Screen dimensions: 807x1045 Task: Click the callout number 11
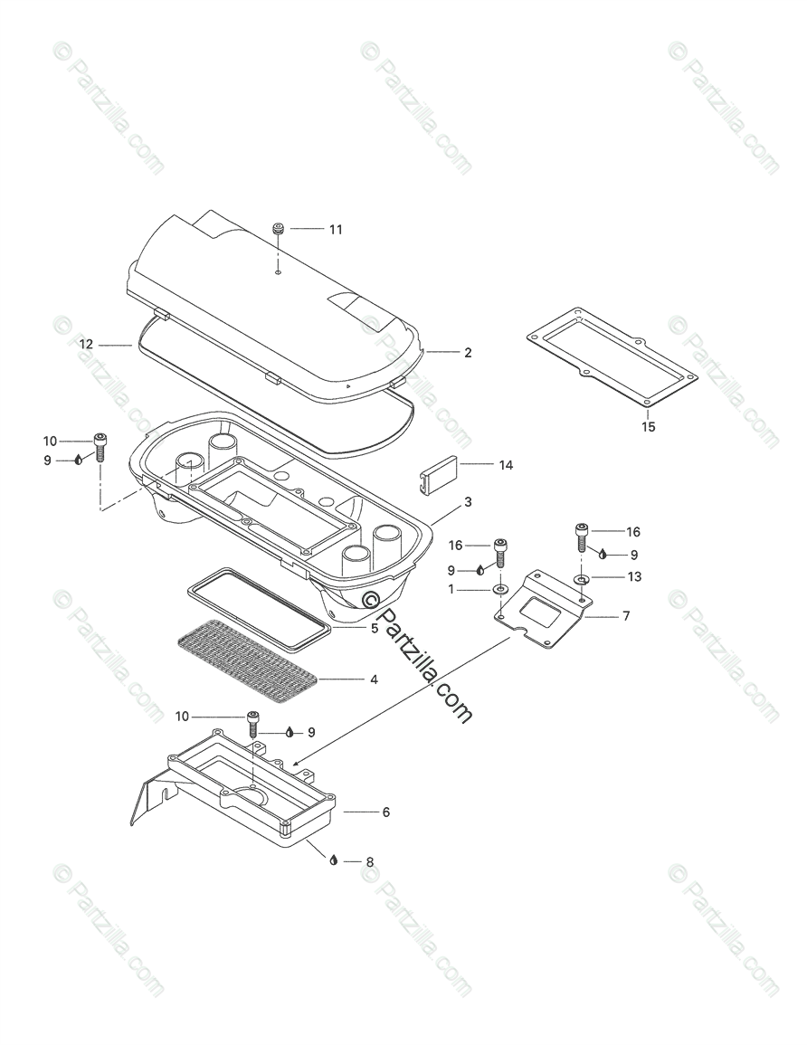click(x=336, y=230)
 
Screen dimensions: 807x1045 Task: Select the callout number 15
click(x=649, y=426)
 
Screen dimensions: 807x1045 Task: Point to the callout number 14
click(x=506, y=465)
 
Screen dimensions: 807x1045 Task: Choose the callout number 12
click(x=86, y=345)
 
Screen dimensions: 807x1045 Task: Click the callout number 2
click(x=468, y=353)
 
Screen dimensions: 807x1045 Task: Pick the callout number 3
click(x=468, y=501)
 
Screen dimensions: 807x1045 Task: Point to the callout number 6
click(x=386, y=812)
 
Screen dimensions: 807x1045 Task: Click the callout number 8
click(x=369, y=862)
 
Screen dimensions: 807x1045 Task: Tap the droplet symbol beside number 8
click(x=334, y=860)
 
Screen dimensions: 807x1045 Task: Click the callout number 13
click(x=635, y=576)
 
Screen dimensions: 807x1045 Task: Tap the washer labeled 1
click(x=500, y=591)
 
